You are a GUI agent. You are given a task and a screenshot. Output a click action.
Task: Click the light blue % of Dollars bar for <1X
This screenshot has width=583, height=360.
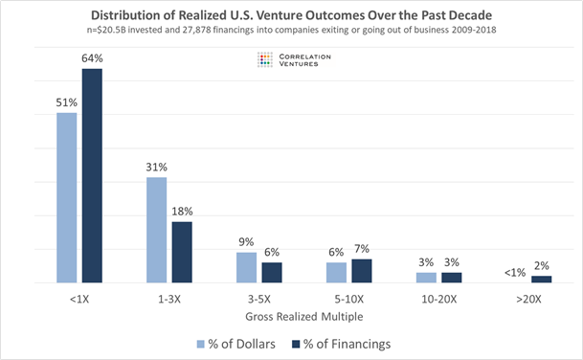coord(67,198)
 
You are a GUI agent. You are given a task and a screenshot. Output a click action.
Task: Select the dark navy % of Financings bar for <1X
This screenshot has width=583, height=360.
coord(92,176)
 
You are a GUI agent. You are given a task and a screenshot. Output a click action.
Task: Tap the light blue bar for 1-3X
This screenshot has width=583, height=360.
coord(156,230)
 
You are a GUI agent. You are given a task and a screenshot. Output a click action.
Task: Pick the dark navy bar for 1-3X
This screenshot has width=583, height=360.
coord(181,252)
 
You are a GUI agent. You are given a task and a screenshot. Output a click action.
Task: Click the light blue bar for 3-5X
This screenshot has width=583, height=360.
coord(246,268)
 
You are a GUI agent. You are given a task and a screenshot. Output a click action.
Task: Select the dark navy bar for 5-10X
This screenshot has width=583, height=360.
coord(361,271)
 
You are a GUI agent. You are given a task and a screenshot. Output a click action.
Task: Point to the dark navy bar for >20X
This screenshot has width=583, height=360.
coord(541,279)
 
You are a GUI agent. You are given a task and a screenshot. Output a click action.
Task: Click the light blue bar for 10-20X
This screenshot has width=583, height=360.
coord(426,278)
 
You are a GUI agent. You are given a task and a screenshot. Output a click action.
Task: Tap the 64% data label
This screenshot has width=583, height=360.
coord(92,58)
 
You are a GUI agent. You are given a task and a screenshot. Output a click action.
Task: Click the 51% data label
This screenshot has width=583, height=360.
coord(66,102)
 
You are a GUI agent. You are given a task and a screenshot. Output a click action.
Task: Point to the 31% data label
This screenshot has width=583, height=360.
coord(156,167)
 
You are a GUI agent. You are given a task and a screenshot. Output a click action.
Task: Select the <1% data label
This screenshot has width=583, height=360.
coord(515,272)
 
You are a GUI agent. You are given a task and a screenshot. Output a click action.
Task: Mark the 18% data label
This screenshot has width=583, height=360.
coord(182,211)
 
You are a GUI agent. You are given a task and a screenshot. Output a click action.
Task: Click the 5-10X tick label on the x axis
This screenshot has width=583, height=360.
coord(348,299)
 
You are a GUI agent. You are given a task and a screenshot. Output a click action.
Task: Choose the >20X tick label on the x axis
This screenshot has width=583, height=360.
coord(528,299)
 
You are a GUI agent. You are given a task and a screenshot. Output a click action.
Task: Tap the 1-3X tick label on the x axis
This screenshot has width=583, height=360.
coord(168,299)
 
